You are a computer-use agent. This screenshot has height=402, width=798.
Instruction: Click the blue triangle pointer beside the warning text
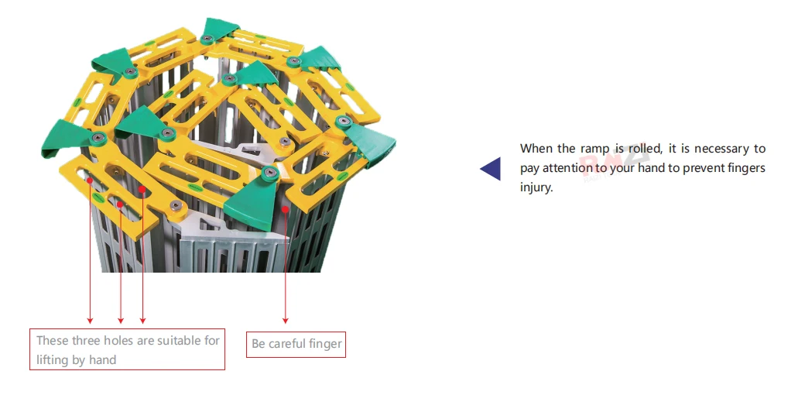tap(491, 168)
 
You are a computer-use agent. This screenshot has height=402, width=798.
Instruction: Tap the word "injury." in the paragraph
tap(536, 187)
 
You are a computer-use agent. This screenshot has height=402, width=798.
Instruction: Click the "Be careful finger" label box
tap(296, 344)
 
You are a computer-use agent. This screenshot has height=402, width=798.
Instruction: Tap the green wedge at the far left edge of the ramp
tap(59, 139)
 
